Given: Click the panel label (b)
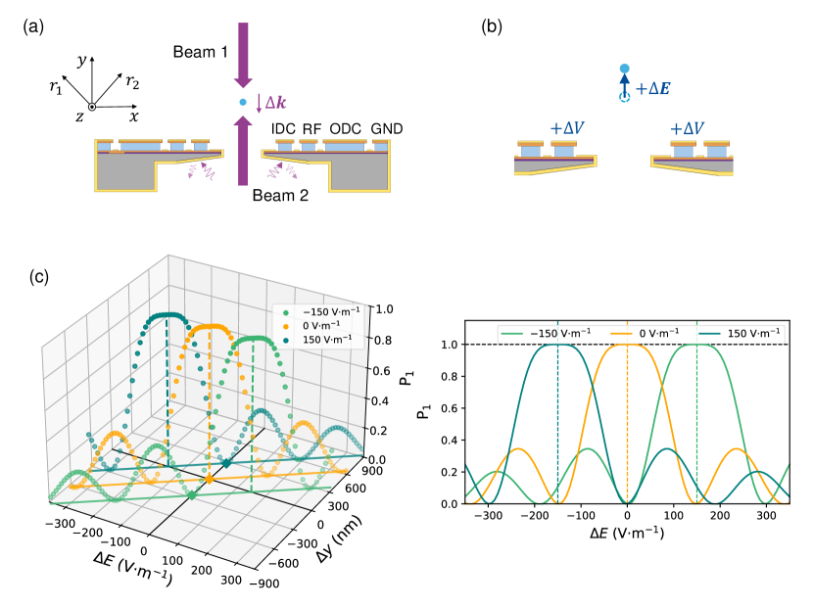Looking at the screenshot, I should (x=492, y=25).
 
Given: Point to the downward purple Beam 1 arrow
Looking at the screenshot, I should (x=243, y=54).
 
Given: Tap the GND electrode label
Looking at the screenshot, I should (x=386, y=129).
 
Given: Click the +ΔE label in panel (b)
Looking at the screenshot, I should (x=652, y=89).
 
